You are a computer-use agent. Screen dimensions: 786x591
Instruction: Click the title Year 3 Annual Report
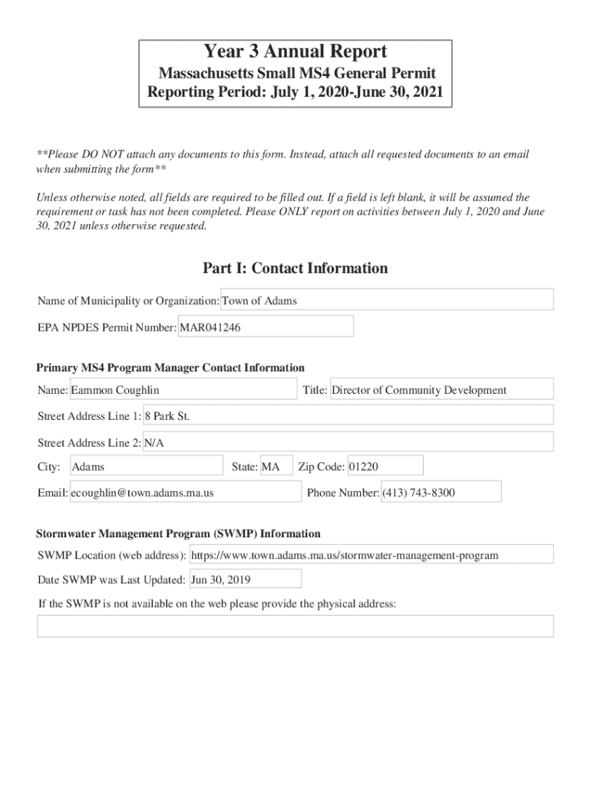[x=295, y=52]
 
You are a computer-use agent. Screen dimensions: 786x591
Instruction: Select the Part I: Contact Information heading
[x=295, y=268]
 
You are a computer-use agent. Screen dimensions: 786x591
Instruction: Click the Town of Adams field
[x=387, y=300]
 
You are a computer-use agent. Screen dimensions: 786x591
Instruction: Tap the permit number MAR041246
[x=266, y=327]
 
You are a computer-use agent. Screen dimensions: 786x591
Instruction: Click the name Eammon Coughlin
[x=183, y=390]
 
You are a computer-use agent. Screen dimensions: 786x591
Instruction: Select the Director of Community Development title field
[x=441, y=390]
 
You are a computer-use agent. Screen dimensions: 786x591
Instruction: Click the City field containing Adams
[x=146, y=467]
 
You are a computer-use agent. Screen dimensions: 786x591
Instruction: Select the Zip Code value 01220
[x=384, y=467]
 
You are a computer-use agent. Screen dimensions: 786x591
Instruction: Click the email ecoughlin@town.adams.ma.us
[x=184, y=493]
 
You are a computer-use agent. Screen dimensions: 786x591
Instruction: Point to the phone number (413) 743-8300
[x=441, y=493]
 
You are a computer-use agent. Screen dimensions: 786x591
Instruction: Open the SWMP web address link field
[x=371, y=555]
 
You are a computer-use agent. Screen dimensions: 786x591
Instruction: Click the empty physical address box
[x=295, y=626]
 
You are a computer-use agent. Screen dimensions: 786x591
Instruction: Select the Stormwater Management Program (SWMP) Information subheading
[x=179, y=533]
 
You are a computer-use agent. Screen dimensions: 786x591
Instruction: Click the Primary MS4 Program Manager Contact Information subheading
[x=170, y=368]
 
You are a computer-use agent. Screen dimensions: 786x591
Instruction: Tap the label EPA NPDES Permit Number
[x=107, y=328]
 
